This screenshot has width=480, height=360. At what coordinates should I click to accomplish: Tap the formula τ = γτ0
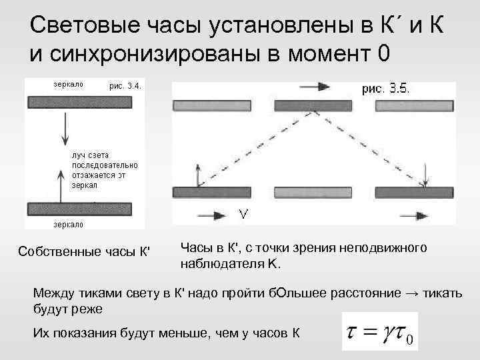point(379,331)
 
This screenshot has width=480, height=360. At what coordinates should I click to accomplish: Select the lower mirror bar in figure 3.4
point(83,207)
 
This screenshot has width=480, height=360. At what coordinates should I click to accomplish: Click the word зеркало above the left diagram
point(68,85)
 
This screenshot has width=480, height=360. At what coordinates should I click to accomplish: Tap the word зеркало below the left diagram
point(68,224)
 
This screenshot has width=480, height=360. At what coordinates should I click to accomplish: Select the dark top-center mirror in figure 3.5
point(303,105)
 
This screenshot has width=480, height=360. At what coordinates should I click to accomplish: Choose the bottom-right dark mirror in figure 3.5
point(407,193)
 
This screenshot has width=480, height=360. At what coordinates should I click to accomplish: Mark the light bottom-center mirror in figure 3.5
point(303,193)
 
